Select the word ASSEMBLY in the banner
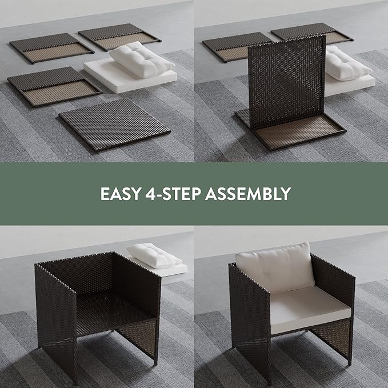click(248, 194)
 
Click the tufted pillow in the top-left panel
click(142, 59)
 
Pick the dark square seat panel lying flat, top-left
click(115, 125)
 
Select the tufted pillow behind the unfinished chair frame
click(154, 256)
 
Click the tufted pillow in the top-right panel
click(347, 64)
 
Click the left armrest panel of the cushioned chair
click(250, 322)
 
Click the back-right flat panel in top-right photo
click(312, 33)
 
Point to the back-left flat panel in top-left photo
click(52, 47)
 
